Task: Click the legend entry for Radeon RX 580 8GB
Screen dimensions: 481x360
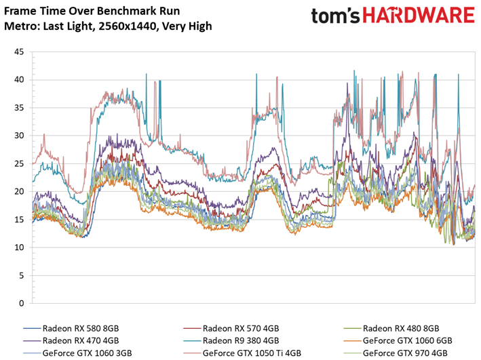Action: (x=81, y=328)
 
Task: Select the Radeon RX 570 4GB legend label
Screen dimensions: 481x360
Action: (x=241, y=328)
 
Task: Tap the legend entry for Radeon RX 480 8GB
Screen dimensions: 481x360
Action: (x=401, y=328)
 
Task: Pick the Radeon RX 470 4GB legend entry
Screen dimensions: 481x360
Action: (x=81, y=341)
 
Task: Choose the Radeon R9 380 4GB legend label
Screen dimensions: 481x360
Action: (x=241, y=341)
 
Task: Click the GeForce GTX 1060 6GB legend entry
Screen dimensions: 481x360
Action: (x=407, y=341)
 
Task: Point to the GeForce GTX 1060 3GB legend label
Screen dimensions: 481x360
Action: (x=87, y=353)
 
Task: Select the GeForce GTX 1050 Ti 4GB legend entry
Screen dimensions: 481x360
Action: (x=252, y=353)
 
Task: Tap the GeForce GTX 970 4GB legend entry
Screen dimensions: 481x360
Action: (x=405, y=353)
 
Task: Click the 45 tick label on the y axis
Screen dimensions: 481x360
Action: (x=19, y=52)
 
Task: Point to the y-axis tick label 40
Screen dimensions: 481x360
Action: (x=19, y=80)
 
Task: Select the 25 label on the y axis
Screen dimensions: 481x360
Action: (x=19, y=163)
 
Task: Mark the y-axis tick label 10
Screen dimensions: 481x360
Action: (x=19, y=247)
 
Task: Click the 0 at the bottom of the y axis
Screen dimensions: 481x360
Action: (x=22, y=303)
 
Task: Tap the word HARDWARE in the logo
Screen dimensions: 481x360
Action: (x=419, y=16)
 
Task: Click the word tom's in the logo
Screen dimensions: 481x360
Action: (x=335, y=16)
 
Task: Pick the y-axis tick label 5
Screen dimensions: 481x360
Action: (x=22, y=275)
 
